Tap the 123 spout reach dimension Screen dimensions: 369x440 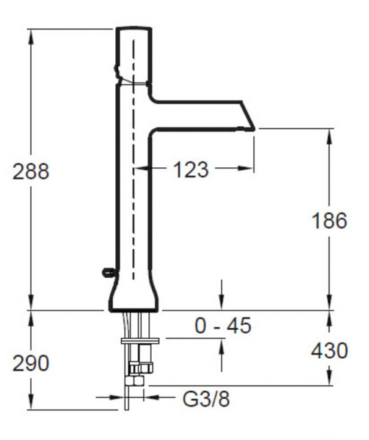click(x=191, y=169)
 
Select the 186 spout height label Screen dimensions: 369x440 click(x=329, y=221)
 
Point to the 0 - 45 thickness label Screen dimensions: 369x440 click(x=223, y=326)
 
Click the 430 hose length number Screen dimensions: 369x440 click(x=329, y=351)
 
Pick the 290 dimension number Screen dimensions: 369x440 click(x=31, y=364)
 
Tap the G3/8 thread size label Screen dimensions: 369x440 click(x=206, y=399)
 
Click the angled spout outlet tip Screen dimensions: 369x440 click(x=254, y=129)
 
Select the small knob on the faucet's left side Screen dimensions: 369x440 click(x=109, y=271)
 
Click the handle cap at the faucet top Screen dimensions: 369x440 click(x=134, y=55)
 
